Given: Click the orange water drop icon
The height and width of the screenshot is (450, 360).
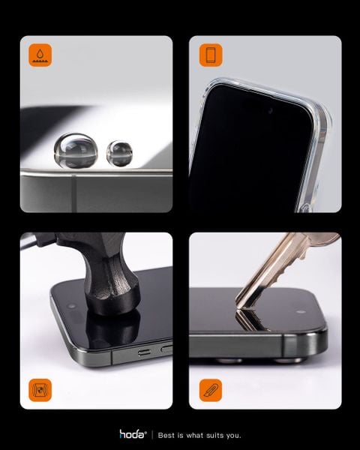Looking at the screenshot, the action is pyautogui.click(x=40, y=55).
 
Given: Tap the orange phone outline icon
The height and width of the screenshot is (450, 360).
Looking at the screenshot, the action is pyautogui.click(x=211, y=55).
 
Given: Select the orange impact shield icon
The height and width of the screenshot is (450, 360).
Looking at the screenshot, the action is pyautogui.click(x=40, y=390).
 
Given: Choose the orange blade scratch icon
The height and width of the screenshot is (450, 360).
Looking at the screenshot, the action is pyautogui.click(x=211, y=390).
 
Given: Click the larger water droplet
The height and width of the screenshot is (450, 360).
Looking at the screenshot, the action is pyautogui.click(x=76, y=151).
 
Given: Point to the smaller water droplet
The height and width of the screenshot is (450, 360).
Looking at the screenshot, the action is pyautogui.click(x=119, y=154).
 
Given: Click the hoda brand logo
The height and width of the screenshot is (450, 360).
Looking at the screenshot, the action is pyautogui.click(x=133, y=434).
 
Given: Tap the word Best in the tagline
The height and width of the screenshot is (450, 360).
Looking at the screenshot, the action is pyautogui.click(x=166, y=435).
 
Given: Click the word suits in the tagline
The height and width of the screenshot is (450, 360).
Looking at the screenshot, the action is pyautogui.click(x=214, y=435).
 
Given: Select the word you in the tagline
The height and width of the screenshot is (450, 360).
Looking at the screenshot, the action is pyautogui.click(x=233, y=436).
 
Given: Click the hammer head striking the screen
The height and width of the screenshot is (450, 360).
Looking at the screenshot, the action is pyautogui.click(x=112, y=298).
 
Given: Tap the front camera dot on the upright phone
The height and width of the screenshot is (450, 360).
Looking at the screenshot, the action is pyautogui.click(x=271, y=110).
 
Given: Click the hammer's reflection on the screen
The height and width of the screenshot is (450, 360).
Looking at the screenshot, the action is pyautogui.click(x=112, y=330).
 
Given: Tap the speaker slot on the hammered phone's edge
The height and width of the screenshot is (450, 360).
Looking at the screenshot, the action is pyautogui.click(x=145, y=352).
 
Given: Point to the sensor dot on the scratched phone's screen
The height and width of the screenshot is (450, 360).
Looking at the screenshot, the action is pyautogui.click(x=301, y=312).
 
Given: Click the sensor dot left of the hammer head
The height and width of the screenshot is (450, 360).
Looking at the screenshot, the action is pyautogui.click(x=71, y=306).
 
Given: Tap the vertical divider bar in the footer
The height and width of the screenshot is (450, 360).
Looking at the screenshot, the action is pyautogui.click(x=152, y=435).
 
